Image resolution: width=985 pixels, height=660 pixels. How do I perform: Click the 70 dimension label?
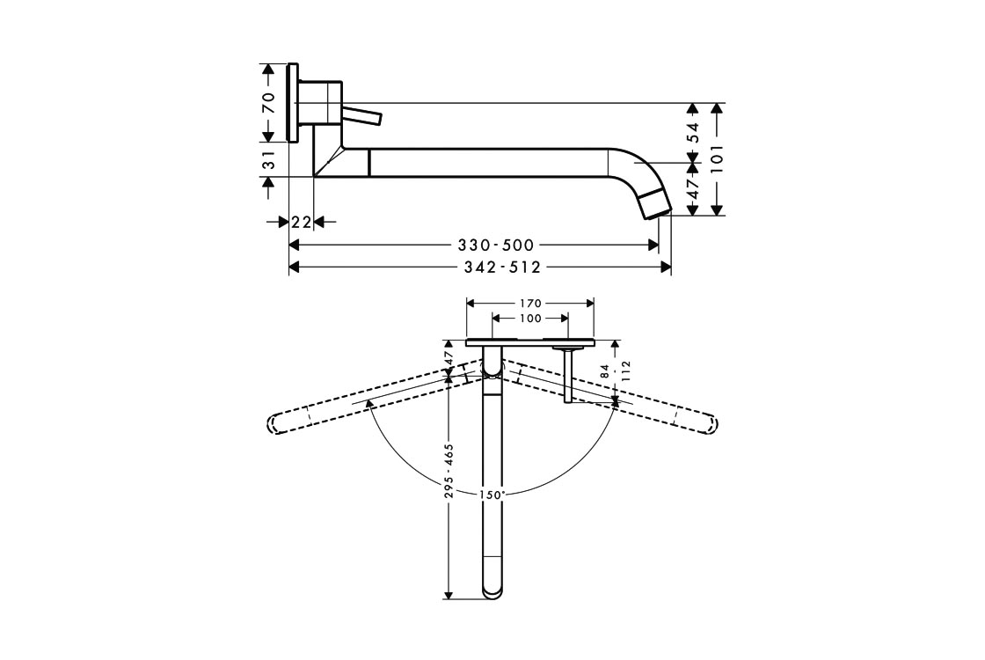[x=269, y=102]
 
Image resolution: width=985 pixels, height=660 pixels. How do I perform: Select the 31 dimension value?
[x=269, y=159]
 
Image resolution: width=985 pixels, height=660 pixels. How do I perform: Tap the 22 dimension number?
[x=302, y=222]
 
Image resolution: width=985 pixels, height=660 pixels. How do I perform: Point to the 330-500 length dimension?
[x=496, y=245]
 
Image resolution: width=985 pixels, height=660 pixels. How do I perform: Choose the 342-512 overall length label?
[x=502, y=268]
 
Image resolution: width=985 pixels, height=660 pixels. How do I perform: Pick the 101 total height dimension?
[x=718, y=158]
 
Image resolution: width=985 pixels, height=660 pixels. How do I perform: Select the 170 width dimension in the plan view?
[x=530, y=304]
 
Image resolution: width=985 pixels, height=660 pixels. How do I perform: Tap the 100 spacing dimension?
[x=530, y=319]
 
